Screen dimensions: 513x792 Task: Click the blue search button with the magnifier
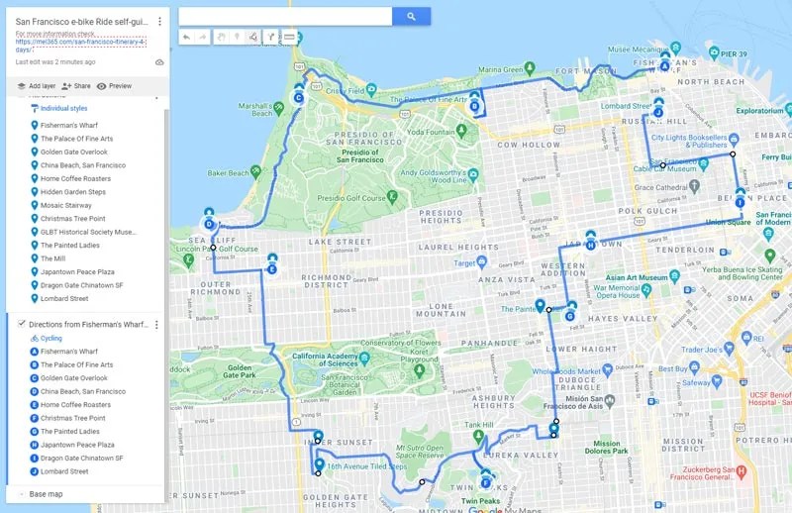click(x=411, y=16)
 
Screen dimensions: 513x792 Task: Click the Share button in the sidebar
click(x=75, y=86)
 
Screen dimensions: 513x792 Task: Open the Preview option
click(x=114, y=86)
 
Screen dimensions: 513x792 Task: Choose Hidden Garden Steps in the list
click(x=72, y=192)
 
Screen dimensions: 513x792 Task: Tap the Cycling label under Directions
click(x=50, y=338)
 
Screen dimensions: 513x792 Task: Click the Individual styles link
click(x=63, y=108)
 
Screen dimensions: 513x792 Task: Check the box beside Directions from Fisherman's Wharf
click(x=21, y=324)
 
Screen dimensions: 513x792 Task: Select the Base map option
click(x=46, y=493)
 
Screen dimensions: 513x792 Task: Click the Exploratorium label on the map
click(x=760, y=111)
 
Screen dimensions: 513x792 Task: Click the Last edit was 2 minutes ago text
click(x=55, y=61)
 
